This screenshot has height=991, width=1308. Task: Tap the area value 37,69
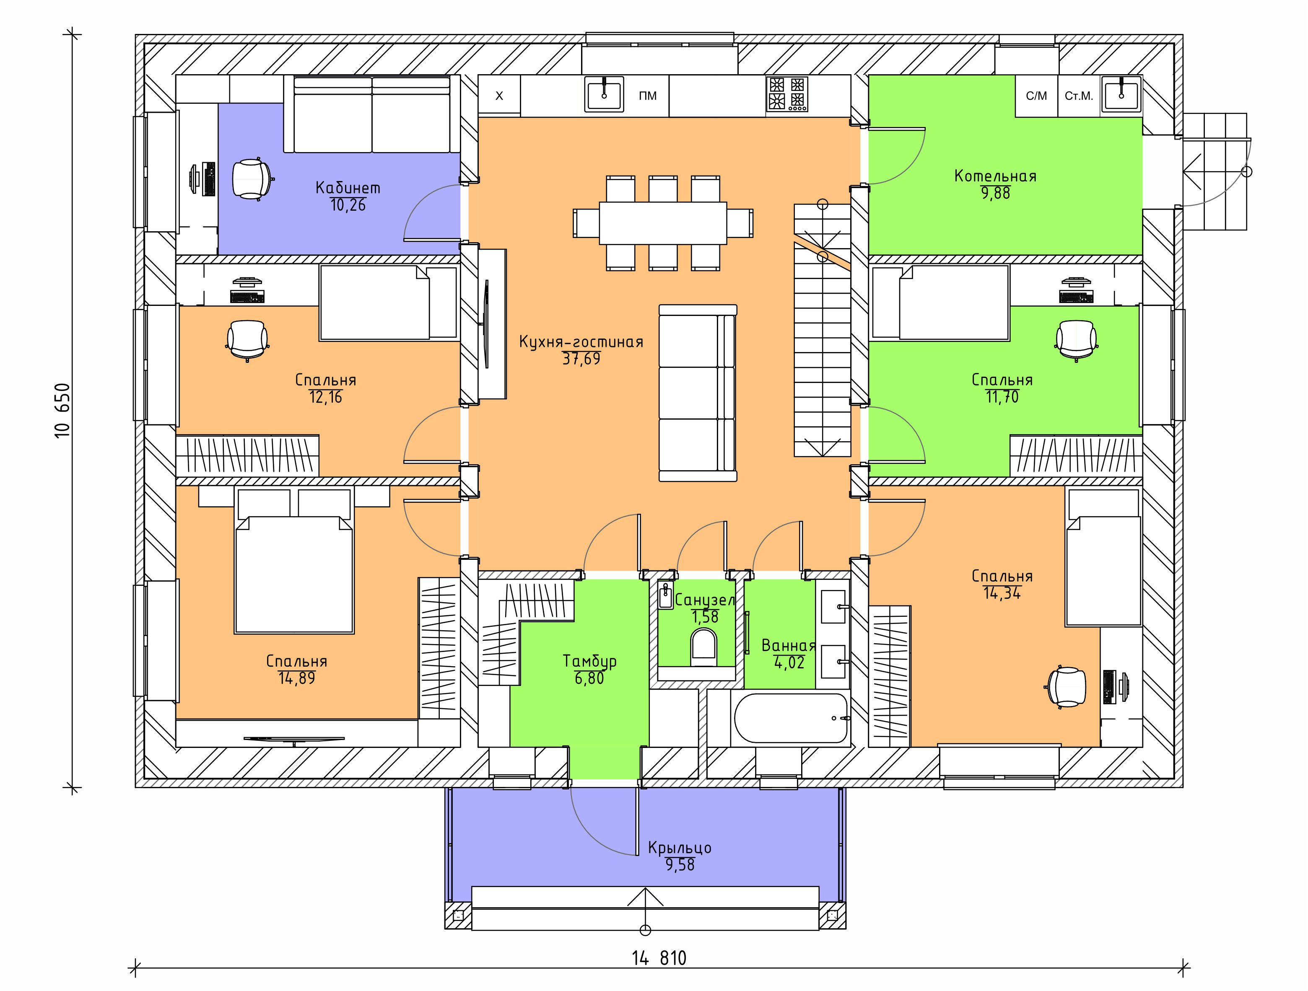point(581,359)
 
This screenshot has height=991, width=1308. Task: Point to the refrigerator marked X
point(499,96)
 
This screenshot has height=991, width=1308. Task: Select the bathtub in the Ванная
point(791,718)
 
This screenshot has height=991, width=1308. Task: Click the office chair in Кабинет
point(253,179)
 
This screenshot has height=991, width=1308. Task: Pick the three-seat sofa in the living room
point(698,392)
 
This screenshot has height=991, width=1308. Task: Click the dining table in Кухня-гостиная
point(663,223)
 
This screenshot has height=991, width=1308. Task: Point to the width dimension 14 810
point(659,958)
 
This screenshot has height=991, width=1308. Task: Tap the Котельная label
point(996,176)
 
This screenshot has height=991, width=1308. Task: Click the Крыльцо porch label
point(680,848)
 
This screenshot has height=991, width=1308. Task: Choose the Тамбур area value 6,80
point(589,678)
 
